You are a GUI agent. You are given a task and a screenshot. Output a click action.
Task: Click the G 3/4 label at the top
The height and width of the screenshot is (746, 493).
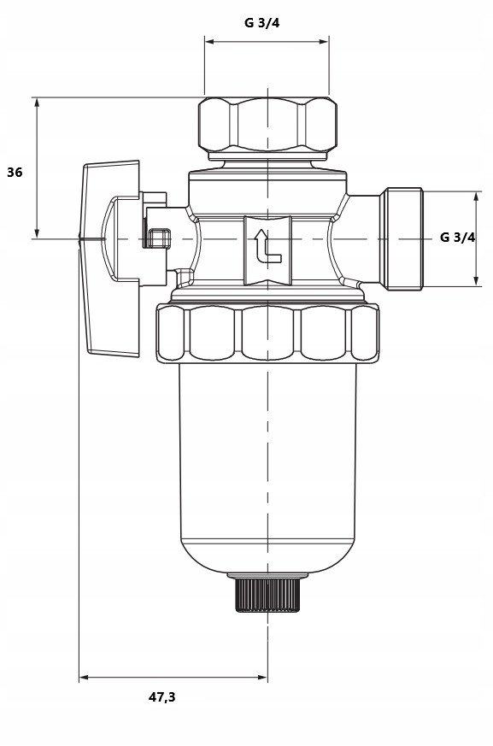tap(261, 22)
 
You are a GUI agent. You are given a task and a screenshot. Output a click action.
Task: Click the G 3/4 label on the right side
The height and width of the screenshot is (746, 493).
tap(457, 237)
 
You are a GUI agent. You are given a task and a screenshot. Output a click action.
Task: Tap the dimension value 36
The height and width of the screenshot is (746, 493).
tap(15, 173)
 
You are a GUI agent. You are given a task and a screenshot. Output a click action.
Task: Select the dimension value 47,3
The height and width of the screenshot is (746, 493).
tap(161, 697)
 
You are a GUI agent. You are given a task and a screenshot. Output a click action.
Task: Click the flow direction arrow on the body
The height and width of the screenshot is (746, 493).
tap(268, 246)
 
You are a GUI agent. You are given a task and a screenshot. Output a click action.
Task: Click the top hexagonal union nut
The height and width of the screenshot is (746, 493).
tap(267, 125)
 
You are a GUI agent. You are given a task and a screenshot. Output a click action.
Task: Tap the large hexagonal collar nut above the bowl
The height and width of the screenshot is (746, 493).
tap(267, 333)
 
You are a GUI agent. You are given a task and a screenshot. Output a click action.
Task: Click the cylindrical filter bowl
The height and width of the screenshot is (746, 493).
tap(268, 468)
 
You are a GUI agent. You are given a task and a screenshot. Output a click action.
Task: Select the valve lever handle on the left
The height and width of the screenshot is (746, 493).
tap(110, 258)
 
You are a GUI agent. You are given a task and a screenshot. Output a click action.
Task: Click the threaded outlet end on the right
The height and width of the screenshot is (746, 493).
tap(403, 238)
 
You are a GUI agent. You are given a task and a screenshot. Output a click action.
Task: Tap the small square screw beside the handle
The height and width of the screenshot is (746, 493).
tap(160, 238)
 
